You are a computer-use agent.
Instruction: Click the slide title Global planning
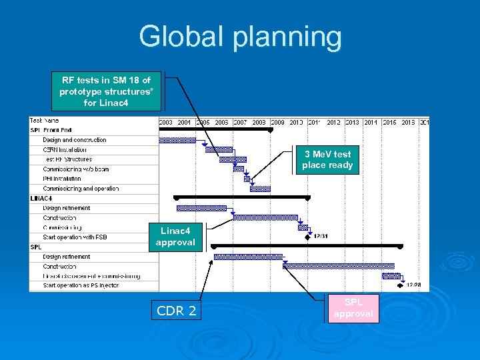point(240,37)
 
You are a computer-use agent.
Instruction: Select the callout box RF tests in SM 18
point(107,91)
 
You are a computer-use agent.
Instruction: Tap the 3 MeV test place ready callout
point(327,159)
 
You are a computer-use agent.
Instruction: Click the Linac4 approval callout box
point(175,237)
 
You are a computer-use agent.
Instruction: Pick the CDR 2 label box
point(176,311)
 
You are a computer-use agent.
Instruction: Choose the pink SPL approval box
point(353,308)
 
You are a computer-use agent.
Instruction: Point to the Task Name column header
point(45,121)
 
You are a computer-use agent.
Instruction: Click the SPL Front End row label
point(51,130)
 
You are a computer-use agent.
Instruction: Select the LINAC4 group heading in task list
point(41,198)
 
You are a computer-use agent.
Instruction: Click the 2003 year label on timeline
point(166,122)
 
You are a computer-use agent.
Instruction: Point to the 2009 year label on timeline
point(278,122)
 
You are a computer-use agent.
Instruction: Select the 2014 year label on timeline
point(371,122)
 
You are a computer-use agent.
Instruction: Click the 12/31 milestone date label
point(321,236)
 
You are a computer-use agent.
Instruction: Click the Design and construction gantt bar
point(177,140)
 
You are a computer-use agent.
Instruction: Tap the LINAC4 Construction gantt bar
point(265,217)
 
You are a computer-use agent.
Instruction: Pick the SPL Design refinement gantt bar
point(247,257)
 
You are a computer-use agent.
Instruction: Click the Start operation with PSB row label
point(75,237)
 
